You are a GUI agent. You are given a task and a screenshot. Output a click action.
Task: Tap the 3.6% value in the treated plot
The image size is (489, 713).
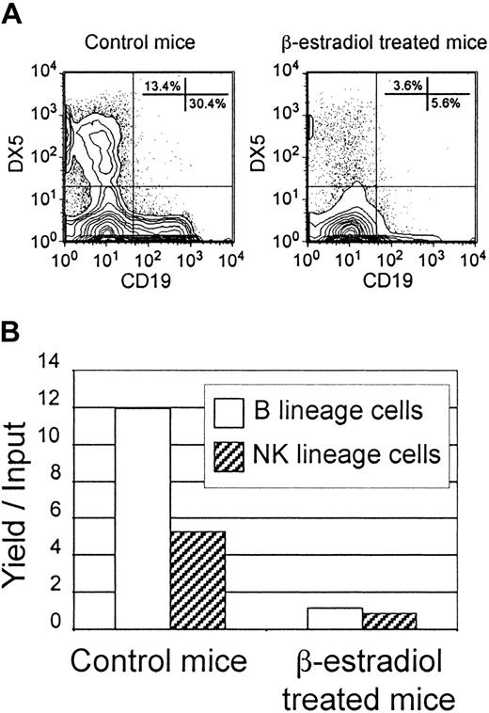(406, 87)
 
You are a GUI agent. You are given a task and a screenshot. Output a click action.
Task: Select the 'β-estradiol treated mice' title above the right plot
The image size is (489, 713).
(375, 42)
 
